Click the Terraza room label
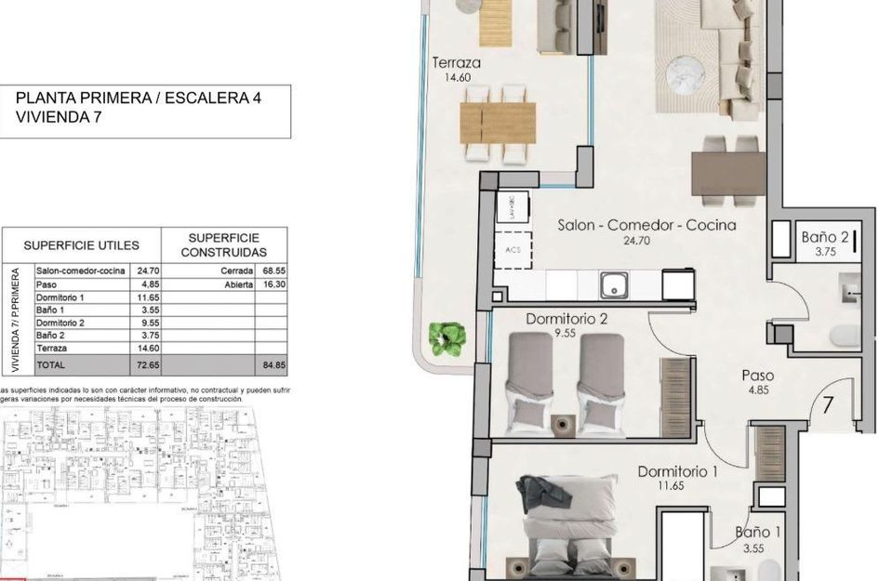click(x=456, y=63)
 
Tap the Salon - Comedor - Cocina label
click(x=646, y=225)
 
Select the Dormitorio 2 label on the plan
click(x=566, y=319)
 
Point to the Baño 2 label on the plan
click(x=825, y=238)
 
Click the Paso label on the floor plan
click(x=757, y=376)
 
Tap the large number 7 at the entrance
click(x=826, y=405)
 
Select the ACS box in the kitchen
click(x=513, y=250)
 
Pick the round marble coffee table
click(x=690, y=71)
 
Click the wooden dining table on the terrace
click(x=498, y=122)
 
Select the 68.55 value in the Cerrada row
click(x=271, y=271)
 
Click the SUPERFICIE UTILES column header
click(x=81, y=245)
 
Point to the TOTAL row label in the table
click(x=52, y=365)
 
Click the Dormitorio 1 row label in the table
click(x=61, y=297)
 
